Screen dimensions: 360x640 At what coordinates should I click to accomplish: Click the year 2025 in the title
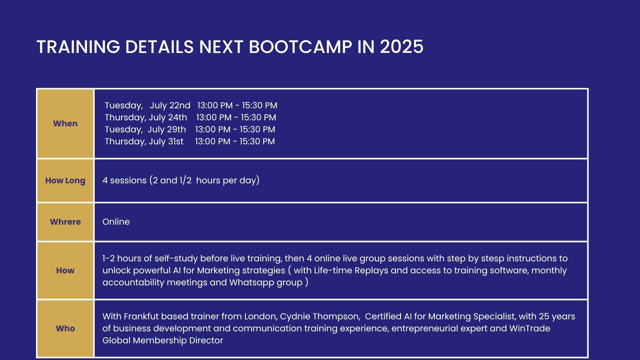[402, 47]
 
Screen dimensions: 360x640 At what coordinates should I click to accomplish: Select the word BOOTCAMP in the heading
[300, 47]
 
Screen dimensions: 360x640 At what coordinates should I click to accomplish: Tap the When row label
[65, 124]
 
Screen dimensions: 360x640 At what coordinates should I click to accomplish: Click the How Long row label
[65, 181]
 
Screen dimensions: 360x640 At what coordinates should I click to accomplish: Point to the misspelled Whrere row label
[65, 222]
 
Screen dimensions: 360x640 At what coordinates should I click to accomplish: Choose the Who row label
[65, 329]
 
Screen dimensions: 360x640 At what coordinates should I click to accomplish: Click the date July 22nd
[170, 106]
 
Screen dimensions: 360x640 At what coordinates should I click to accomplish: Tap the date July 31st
[166, 142]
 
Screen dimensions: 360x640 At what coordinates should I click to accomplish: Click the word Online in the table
[116, 222]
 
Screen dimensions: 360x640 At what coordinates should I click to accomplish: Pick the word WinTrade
[530, 329]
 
